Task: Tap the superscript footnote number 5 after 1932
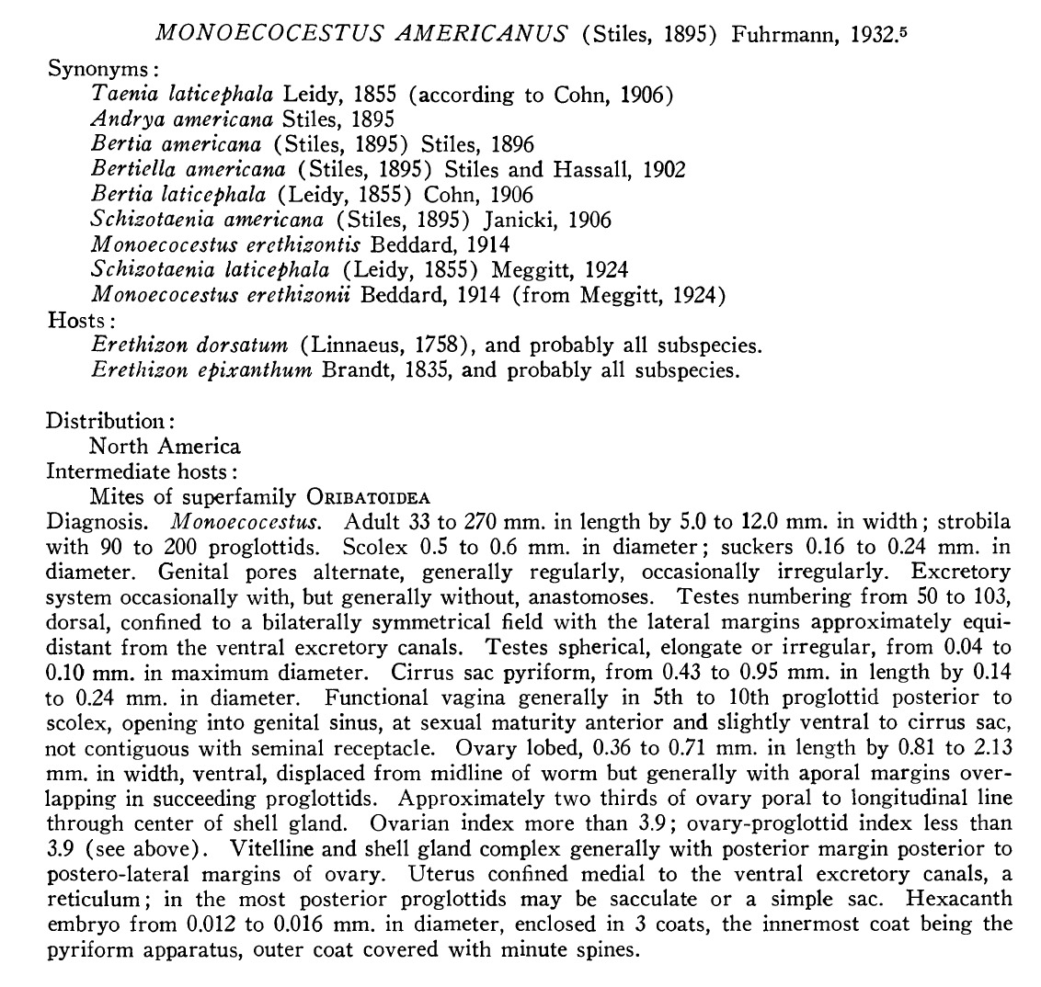click(907, 29)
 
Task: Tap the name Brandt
click(356, 370)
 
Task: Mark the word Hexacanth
click(961, 897)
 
